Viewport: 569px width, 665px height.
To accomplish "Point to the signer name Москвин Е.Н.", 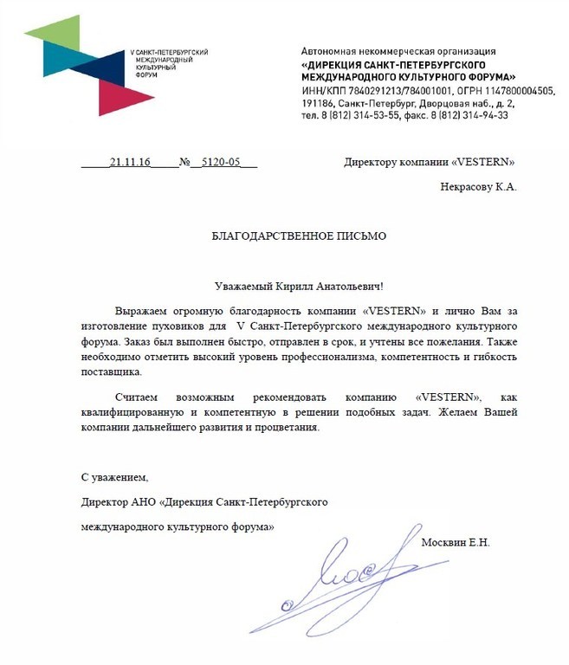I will click(x=455, y=543).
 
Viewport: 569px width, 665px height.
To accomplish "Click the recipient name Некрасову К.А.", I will click(x=479, y=185).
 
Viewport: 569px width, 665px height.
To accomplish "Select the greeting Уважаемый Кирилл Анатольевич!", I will click(x=298, y=286).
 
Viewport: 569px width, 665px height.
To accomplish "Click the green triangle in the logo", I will click(x=51, y=31).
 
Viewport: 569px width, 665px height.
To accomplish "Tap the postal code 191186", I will click(x=316, y=102).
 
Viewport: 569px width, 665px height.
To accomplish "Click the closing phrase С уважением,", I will click(x=115, y=477).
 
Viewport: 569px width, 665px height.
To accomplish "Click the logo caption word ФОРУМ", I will click(x=145, y=75).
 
